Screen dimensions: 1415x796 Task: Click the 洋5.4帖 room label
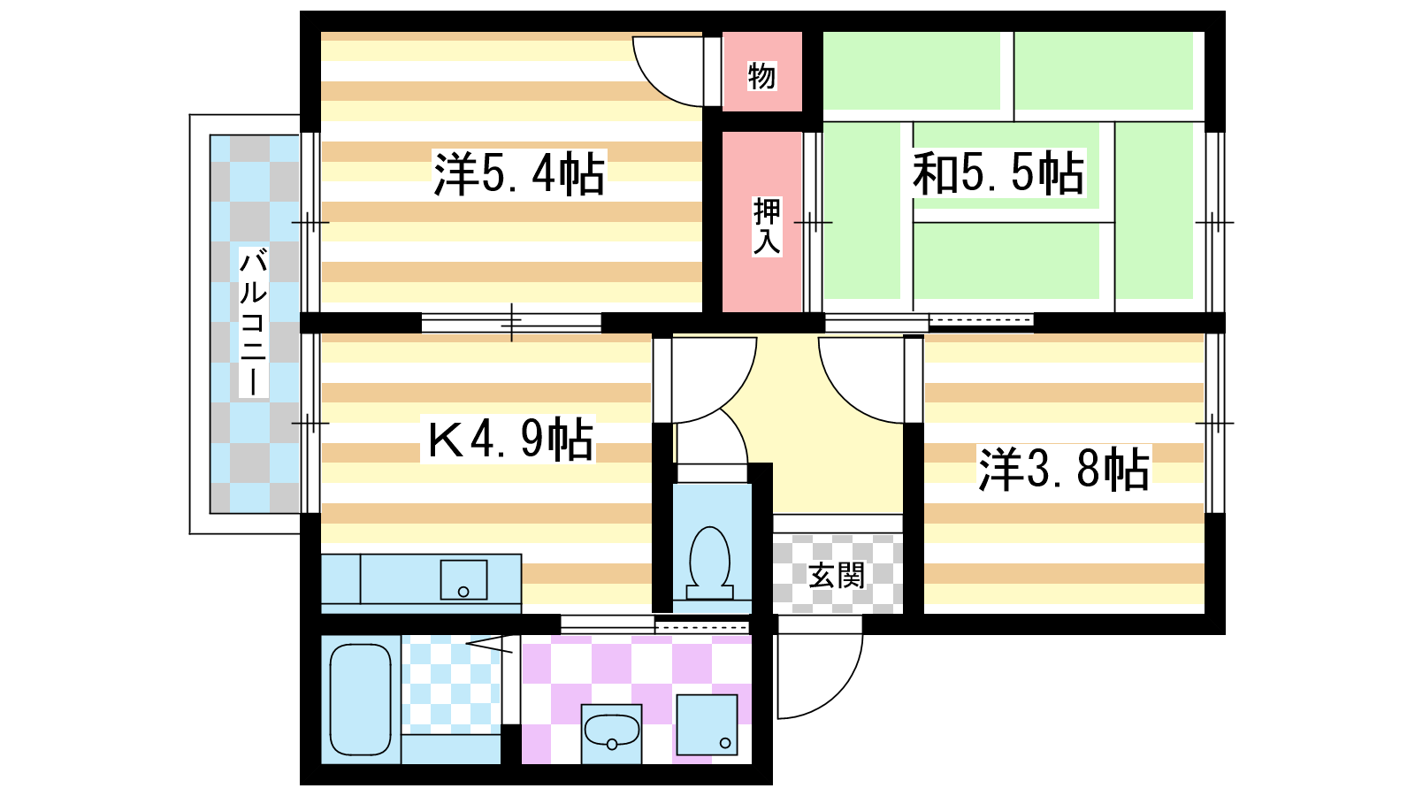519,173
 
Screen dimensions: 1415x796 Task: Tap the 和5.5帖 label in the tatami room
998,172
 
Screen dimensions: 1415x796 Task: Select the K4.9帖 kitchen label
509,439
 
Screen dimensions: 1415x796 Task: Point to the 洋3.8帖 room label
1064,469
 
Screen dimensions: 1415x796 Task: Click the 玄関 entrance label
837,576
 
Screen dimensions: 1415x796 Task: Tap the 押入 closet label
767,226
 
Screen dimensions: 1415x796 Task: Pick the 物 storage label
761,76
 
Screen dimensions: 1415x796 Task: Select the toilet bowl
710,563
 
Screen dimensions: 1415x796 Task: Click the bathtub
361,700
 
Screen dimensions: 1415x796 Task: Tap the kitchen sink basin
463,580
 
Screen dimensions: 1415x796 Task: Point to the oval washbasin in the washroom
611,731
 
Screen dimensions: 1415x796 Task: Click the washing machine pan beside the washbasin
707,724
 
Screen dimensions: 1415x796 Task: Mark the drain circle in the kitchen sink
463,592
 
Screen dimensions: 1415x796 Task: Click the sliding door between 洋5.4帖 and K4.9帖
511,323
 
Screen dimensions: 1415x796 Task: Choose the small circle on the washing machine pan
725,743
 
